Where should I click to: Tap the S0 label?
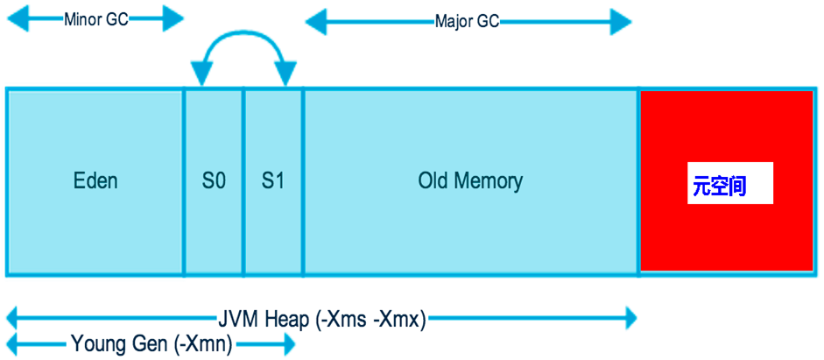[214, 182]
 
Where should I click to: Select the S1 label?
[273, 182]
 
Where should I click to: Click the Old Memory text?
[470, 182]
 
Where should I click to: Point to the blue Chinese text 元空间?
[719, 187]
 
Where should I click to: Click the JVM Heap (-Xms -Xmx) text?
[321, 320]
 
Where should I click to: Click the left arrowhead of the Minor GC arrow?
[14, 19]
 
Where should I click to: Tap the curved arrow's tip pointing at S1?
[285, 79]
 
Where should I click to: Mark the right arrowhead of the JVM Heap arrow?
[629, 321]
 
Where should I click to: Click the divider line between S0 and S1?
[243, 182]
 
